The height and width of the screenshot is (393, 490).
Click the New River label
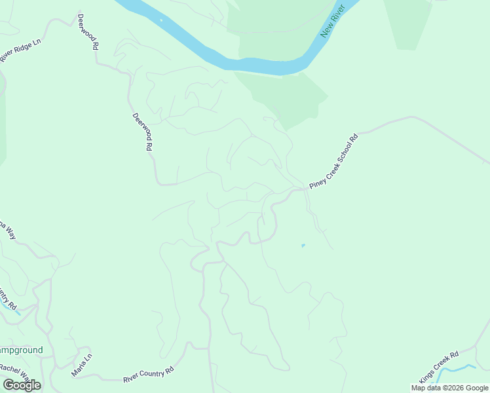[x=332, y=24]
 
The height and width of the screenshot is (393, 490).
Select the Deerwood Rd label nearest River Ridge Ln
[x=87, y=32]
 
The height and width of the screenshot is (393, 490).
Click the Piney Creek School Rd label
[x=335, y=161]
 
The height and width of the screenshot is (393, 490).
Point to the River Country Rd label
[x=148, y=375]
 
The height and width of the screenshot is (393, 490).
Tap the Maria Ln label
[x=82, y=365]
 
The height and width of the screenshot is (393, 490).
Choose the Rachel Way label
[x=14, y=373]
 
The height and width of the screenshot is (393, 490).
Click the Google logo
[x=22, y=384]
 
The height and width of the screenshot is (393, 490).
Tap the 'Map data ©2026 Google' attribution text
[x=450, y=388]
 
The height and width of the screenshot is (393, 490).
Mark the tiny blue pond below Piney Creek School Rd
[x=303, y=246]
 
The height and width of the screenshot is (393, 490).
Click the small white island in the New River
[x=161, y=20]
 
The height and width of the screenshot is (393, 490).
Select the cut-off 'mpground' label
[x=21, y=350]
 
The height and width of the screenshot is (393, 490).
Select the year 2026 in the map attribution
[x=455, y=388]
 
